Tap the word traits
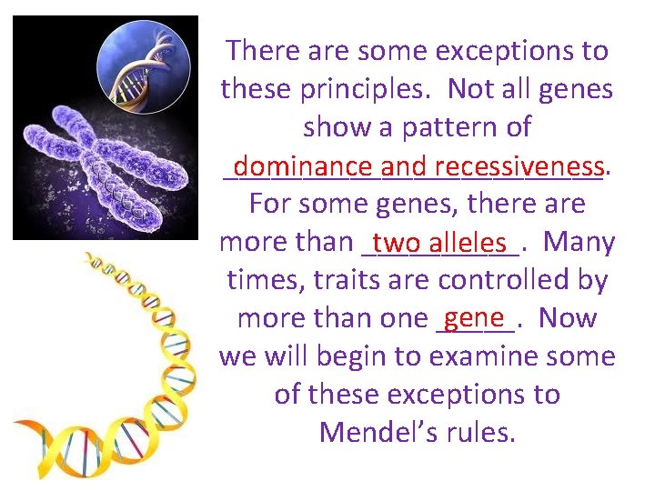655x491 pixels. (x=341, y=280)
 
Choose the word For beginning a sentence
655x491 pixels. (x=268, y=204)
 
